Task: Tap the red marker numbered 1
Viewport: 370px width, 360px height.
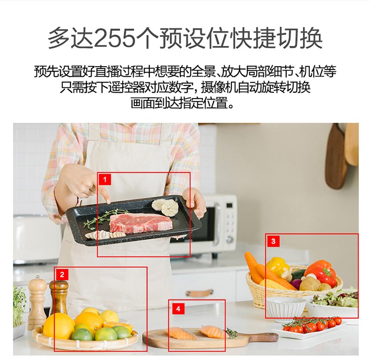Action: (105, 180)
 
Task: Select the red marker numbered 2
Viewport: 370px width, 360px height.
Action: (62, 274)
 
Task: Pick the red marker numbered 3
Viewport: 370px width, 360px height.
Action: (273, 241)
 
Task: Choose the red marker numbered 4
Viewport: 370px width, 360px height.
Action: (178, 309)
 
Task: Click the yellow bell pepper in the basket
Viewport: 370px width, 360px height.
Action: (278, 267)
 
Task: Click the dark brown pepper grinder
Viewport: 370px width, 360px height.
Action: (59, 295)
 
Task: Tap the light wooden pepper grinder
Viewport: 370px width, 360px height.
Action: (37, 302)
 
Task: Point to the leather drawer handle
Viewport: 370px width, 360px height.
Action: (199, 292)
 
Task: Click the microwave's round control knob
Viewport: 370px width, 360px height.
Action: (229, 239)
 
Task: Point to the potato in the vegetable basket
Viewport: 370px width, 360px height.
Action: (310, 284)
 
